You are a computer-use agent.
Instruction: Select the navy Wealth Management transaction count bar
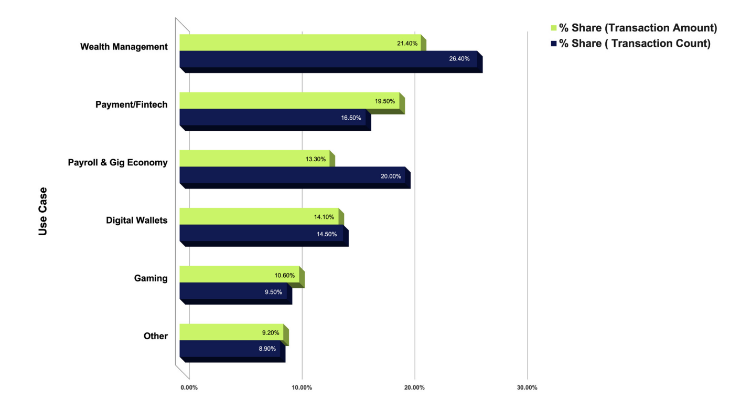(x=331, y=62)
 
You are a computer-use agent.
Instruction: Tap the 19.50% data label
(x=384, y=101)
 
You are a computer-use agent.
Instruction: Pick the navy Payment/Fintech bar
(x=275, y=120)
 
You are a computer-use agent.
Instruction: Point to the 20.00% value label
(x=391, y=176)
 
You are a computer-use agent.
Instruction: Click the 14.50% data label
(x=327, y=234)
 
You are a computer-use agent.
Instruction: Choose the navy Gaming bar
(x=236, y=294)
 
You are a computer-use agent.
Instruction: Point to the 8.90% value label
(x=267, y=349)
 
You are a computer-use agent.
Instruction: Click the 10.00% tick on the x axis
(x=302, y=387)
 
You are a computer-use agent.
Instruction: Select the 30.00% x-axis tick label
(x=527, y=387)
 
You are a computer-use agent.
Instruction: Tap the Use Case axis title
(x=43, y=211)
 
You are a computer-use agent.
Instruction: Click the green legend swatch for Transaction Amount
(x=553, y=28)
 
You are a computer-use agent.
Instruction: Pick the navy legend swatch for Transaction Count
(x=553, y=44)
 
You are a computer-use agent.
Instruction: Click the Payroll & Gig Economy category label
(x=117, y=162)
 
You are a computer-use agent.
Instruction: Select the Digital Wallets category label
(x=137, y=220)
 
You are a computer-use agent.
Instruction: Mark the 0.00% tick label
(x=189, y=387)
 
